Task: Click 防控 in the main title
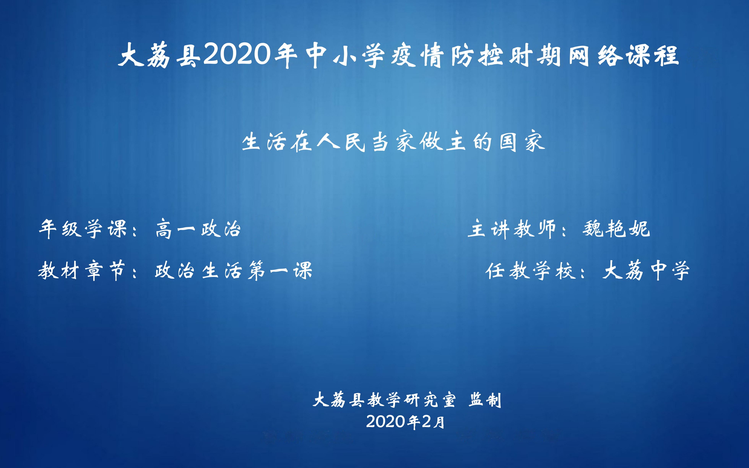(477, 56)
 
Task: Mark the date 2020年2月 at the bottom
(405, 422)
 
